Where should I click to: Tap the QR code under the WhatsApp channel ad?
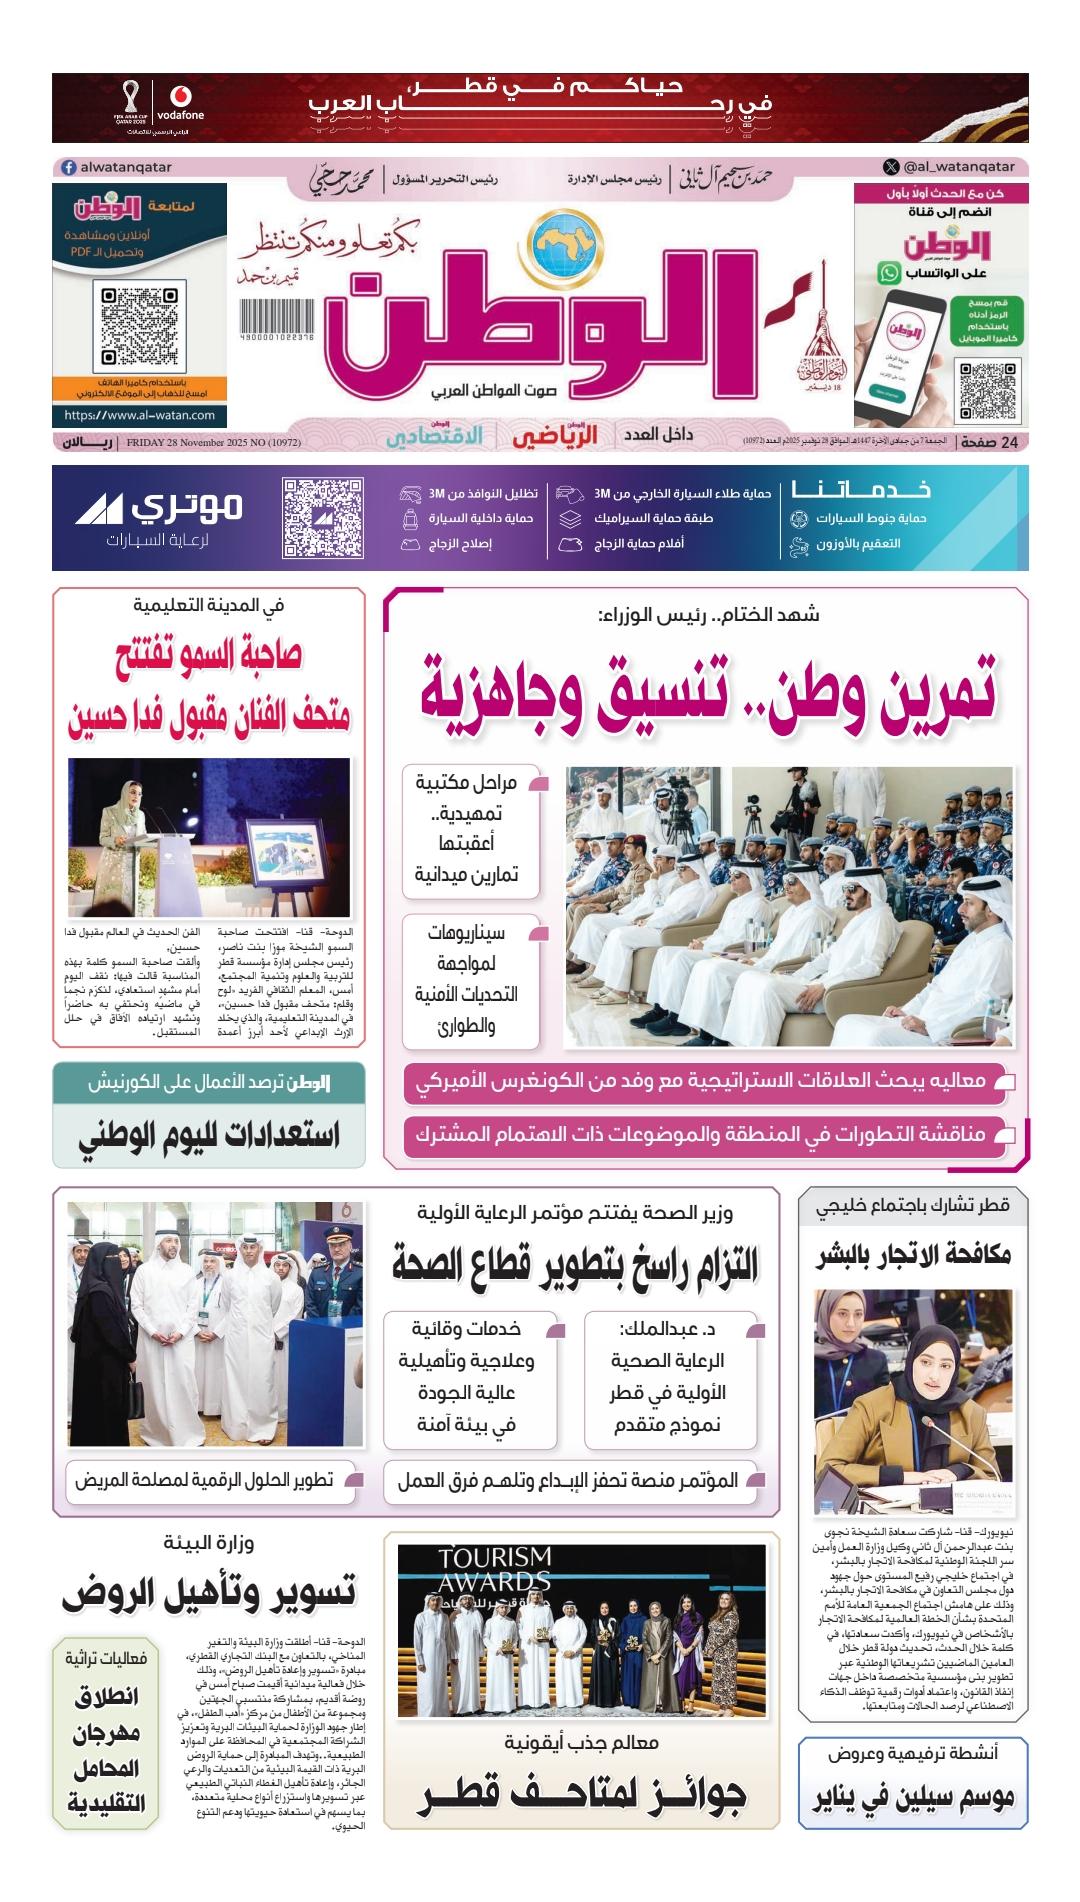click(981, 391)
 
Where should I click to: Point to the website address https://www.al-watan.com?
click(139, 415)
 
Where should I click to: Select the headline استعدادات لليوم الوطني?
click(209, 1134)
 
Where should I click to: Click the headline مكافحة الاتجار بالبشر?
click(914, 1256)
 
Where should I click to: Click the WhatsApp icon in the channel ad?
click(888, 271)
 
